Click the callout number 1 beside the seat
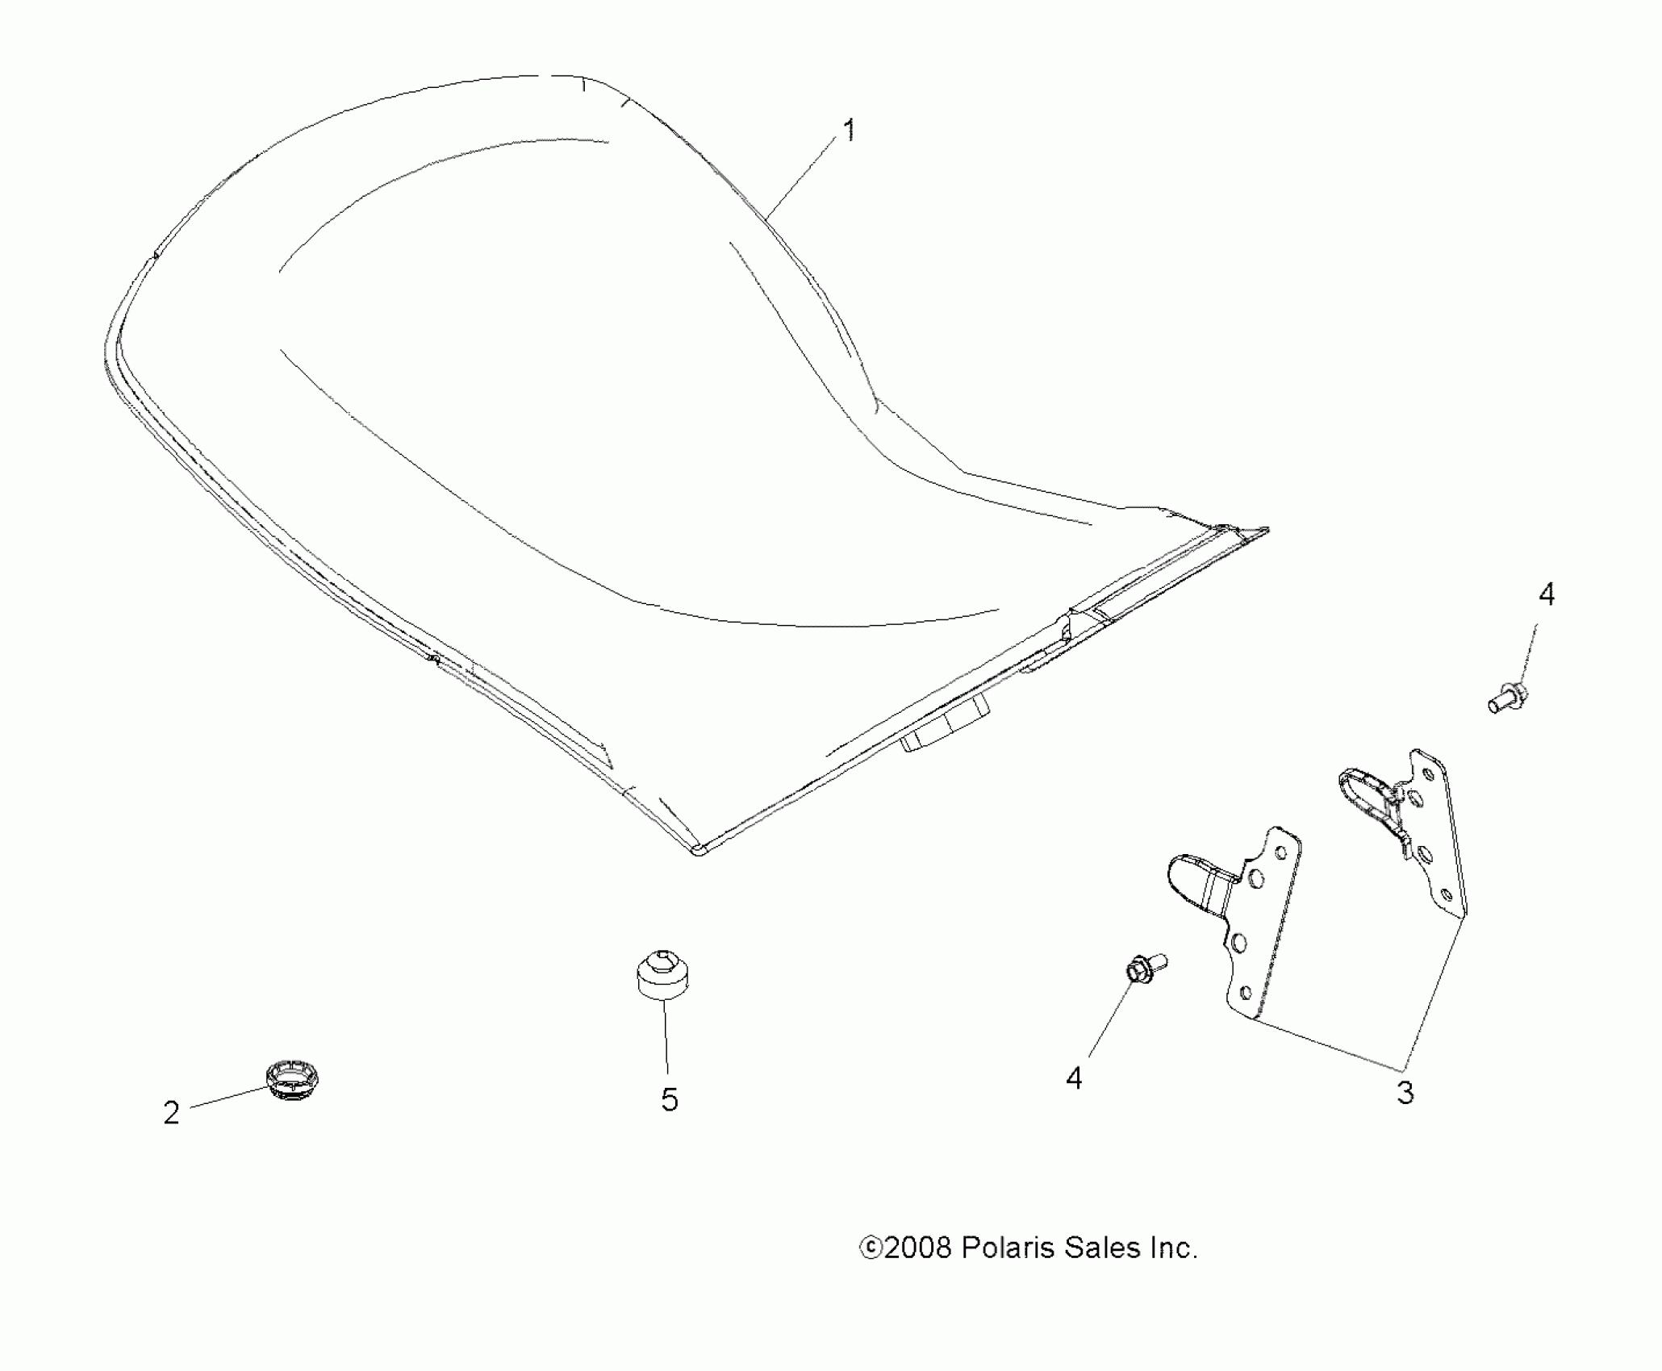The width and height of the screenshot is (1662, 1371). (x=848, y=131)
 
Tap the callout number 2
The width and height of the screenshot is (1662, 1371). (x=171, y=1114)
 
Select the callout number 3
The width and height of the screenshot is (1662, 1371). (x=1405, y=1093)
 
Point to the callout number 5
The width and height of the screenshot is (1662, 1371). (x=670, y=1100)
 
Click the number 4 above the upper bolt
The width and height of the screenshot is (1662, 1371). (x=1546, y=595)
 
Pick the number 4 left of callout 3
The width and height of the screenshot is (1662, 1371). (x=1074, y=1078)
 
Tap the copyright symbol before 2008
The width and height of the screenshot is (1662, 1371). (x=871, y=1249)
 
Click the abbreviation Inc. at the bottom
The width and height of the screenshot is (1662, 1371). (x=1170, y=1248)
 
